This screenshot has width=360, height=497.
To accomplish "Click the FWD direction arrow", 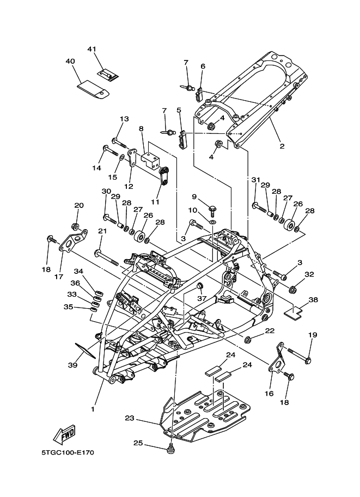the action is click(x=64, y=434).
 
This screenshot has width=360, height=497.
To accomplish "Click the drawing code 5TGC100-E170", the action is click(x=68, y=452).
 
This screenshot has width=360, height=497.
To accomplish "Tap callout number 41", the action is click(x=91, y=49).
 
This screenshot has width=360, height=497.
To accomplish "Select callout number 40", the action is click(x=70, y=61).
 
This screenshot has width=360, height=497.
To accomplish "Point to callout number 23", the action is click(x=130, y=419).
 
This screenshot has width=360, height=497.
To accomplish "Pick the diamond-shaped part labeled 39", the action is click(x=84, y=350).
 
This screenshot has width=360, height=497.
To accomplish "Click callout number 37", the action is click(x=202, y=298).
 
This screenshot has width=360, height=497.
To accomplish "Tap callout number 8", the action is click(x=141, y=128).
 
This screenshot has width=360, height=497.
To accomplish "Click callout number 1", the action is click(x=93, y=409).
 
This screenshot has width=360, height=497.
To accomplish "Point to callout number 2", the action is click(x=282, y=146).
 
